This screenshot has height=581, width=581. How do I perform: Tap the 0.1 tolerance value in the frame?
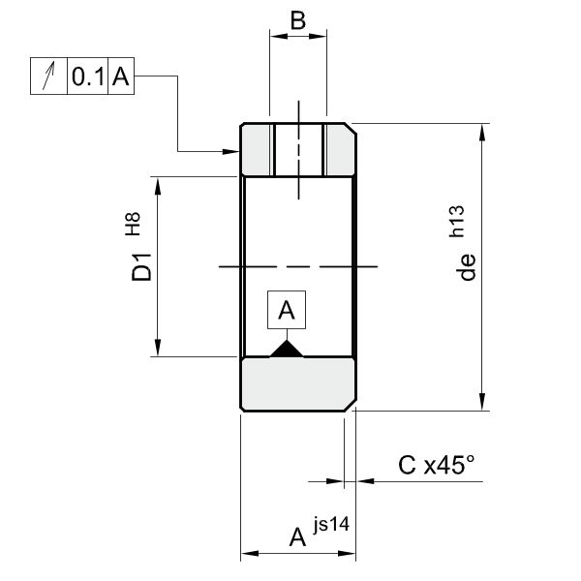click(x=87, y=78)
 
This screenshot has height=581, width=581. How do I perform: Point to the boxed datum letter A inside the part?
click(x=286, y=310)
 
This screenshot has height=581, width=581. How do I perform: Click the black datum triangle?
click(x=287, y=349)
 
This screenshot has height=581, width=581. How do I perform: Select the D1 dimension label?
click(x=142, y=266)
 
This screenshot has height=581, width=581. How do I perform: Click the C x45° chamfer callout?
click(x=437, y=466)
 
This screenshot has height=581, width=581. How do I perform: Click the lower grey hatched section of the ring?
click(x=298, y=383)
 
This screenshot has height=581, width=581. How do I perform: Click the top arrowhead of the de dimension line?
click(x=481, y=132)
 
